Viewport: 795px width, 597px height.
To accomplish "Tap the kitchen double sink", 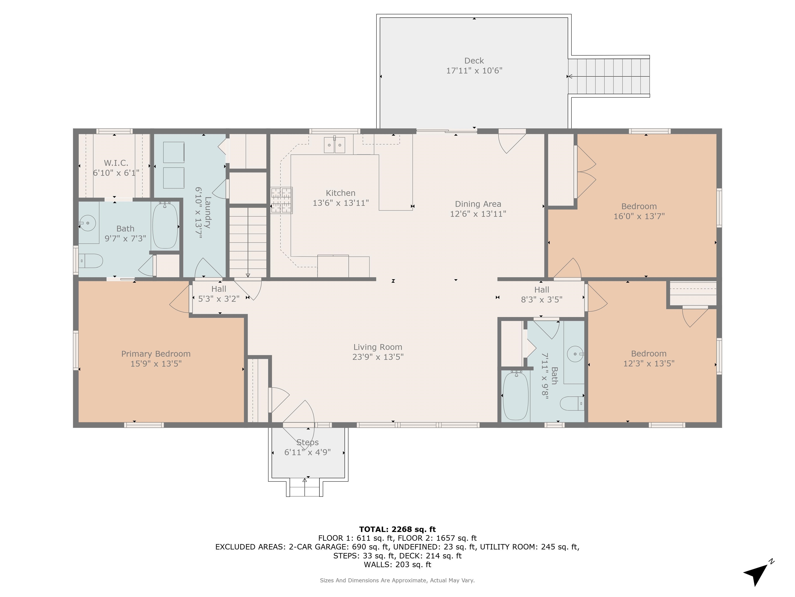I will point(334,145).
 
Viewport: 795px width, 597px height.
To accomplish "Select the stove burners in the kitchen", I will point(281,201).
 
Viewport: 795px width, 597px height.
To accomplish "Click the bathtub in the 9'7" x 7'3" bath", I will point(165,226).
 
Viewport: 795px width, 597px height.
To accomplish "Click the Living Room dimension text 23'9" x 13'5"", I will point(378,357).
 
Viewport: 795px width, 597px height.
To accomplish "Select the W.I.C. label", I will point(116,163).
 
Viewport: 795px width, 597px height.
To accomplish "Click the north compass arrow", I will point(756,573).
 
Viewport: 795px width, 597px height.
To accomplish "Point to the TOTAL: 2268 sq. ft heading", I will point(397,529).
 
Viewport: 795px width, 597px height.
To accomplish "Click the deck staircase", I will point(609,76).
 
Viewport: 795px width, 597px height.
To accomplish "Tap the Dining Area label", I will point(478,204).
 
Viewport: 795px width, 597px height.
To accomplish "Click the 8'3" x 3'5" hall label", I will point(541,299).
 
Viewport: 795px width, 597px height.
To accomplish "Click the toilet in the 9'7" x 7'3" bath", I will point(91,260).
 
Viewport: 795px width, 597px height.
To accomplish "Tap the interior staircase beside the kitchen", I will point(248,242).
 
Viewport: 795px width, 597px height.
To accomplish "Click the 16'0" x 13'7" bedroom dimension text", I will point(639,216).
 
